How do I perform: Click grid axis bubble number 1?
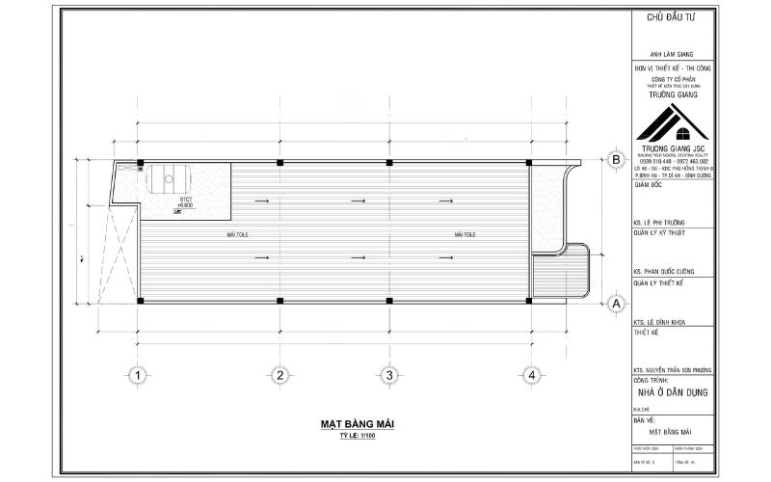point(139,375)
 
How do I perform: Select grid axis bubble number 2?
point(279,375)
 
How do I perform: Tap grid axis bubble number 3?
point(388,375)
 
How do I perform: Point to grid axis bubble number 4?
point(529,375)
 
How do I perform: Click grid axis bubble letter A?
point(613,304)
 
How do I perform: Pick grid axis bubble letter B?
point(613,160)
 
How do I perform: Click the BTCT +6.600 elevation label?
point(186,202)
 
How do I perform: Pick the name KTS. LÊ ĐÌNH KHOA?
point(661,319)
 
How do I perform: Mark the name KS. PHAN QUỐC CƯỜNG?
point(665,271)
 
